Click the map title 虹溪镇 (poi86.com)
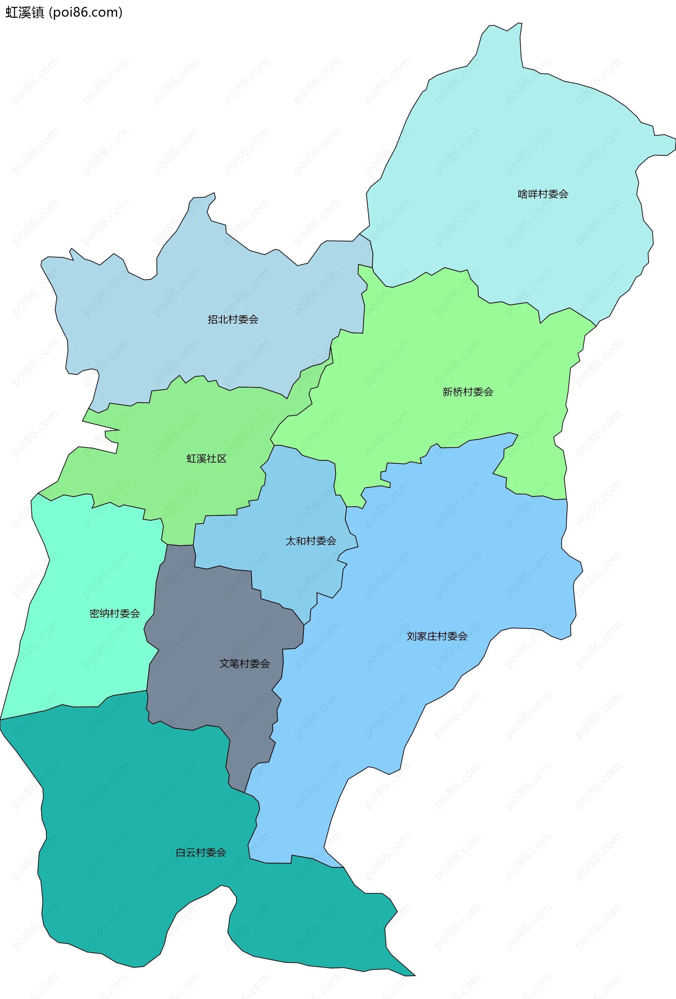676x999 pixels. (64, 12)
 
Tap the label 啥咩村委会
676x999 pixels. (543, 194)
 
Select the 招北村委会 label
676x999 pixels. (233, 319)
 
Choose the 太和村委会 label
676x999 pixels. (311, 541)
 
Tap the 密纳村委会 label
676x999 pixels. (115, 613)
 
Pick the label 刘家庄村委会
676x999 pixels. (437, 636)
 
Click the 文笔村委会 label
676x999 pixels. (244, 664)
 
